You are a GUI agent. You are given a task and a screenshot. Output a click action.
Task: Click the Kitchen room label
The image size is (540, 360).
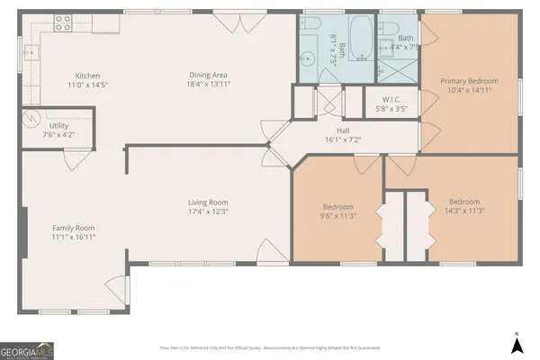click(x=87, y=76)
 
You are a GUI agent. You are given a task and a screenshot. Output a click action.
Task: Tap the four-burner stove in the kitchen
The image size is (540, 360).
click(x=63, y=24)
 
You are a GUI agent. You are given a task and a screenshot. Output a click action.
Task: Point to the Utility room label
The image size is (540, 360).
click(x=58, y=125)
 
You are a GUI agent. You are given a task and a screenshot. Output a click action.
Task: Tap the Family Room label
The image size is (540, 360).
click(x=73, y=228)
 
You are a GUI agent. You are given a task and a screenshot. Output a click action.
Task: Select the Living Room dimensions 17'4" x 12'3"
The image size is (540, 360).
click(x=208, y=212)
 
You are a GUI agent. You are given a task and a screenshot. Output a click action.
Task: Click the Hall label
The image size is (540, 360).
click(x=342, y=130)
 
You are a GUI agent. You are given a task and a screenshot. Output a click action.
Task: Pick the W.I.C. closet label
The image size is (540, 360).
click(x=391, y=100)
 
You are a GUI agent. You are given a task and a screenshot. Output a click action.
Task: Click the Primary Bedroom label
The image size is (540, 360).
click(x=468, y=81)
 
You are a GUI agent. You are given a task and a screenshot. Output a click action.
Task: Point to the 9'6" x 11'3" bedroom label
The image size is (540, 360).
click(x=338, y=206)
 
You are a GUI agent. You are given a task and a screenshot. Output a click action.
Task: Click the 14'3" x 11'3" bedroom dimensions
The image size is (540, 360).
click(x=463, y=211)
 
